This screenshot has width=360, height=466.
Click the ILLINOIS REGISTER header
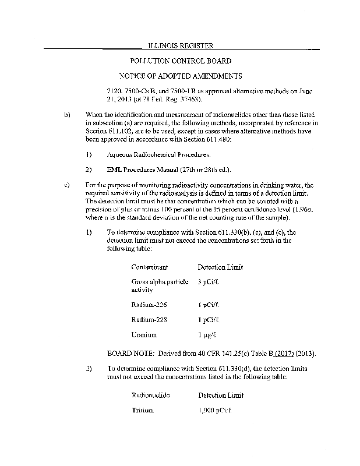tap(179, 45)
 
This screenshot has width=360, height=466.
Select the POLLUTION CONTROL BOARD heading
tap(179, 61)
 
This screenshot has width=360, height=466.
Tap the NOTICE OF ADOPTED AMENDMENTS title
tap(181, 76)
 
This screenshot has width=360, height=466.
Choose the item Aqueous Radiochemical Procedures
tap(150, 154)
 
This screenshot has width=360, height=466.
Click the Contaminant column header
tap(150, 267)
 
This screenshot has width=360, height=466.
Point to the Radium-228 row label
tap(148, 319)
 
